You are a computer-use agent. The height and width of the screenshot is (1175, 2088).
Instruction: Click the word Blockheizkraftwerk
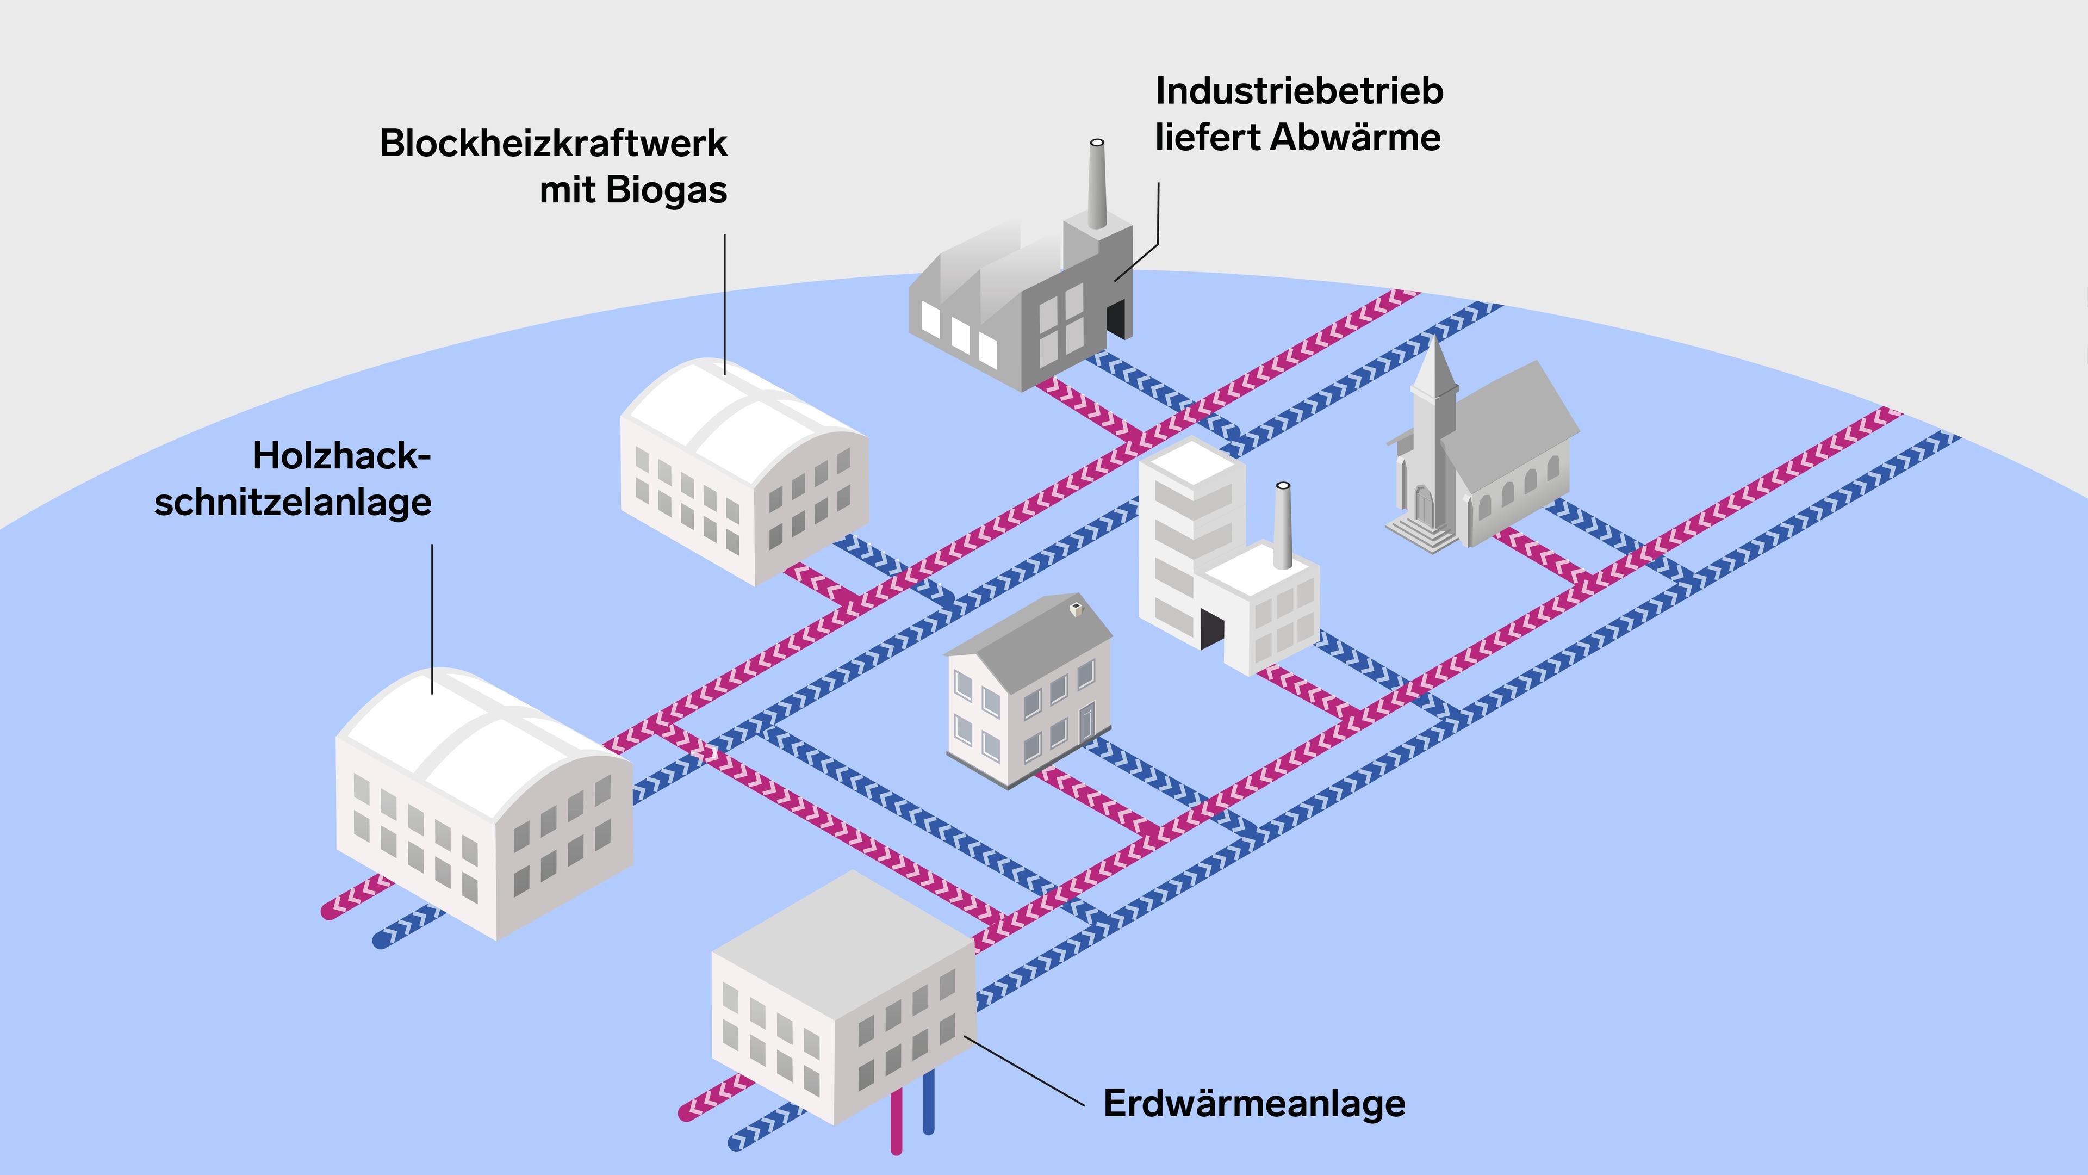pos(553,144)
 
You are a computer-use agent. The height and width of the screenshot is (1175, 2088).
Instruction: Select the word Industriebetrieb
pos(1298,91)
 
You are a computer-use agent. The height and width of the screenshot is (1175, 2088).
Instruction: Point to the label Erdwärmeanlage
pos(1253,1104)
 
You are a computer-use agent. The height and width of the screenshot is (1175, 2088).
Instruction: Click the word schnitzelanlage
pos(293,502)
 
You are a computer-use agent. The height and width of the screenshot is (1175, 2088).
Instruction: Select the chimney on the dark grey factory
pos(1097,182)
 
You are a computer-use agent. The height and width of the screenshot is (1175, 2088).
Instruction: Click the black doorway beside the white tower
pos(1211,628)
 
